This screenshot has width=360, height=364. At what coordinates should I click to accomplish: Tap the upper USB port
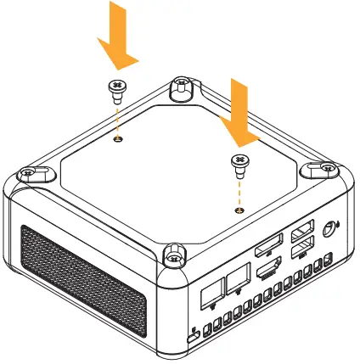[301, 235]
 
